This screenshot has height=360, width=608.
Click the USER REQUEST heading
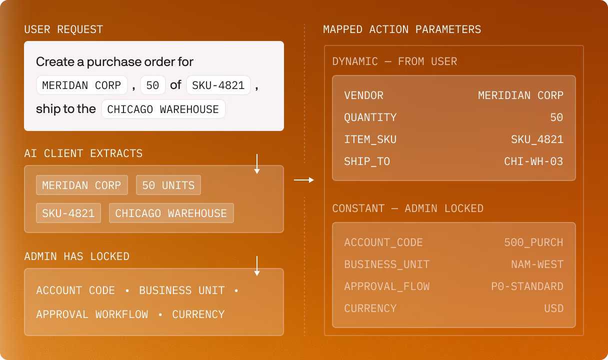click(x=63, y=29)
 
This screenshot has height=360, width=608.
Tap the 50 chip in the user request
click(x=152, y=85)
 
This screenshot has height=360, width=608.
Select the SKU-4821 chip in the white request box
click(x=218, y=85)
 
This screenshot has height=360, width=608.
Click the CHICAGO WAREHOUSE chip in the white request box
click(x=163, y=109)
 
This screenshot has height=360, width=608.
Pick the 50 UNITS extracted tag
click(x=168, y=185)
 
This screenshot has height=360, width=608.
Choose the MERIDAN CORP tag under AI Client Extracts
click(x=81, y=185)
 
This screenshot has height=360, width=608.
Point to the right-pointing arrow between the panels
click(x=303, y=180)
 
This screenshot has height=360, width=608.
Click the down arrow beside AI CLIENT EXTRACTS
click(x=257, y=164)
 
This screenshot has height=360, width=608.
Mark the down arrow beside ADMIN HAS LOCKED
click(x=257, y=266)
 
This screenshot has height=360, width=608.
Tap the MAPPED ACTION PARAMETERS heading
click(x=402, y=29)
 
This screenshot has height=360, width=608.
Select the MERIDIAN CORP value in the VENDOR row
click(x=520, y=95)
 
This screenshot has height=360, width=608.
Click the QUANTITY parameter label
click(x=370, y=117)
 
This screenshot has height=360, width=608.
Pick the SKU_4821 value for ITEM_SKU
click(x=537, y=139)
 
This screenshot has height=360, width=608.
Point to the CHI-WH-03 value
click(x=533, y=161)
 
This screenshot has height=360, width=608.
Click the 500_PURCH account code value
click(x=533, y=242)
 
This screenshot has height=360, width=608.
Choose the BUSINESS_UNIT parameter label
click(x=386, y=264)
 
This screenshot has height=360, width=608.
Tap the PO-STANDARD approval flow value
click(x=527, y=286)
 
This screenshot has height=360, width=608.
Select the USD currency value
click(x=553, y=308)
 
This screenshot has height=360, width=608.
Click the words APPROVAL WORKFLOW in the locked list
click(x=92, y=314)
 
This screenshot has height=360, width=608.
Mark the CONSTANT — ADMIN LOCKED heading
click(x=407, y=208)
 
